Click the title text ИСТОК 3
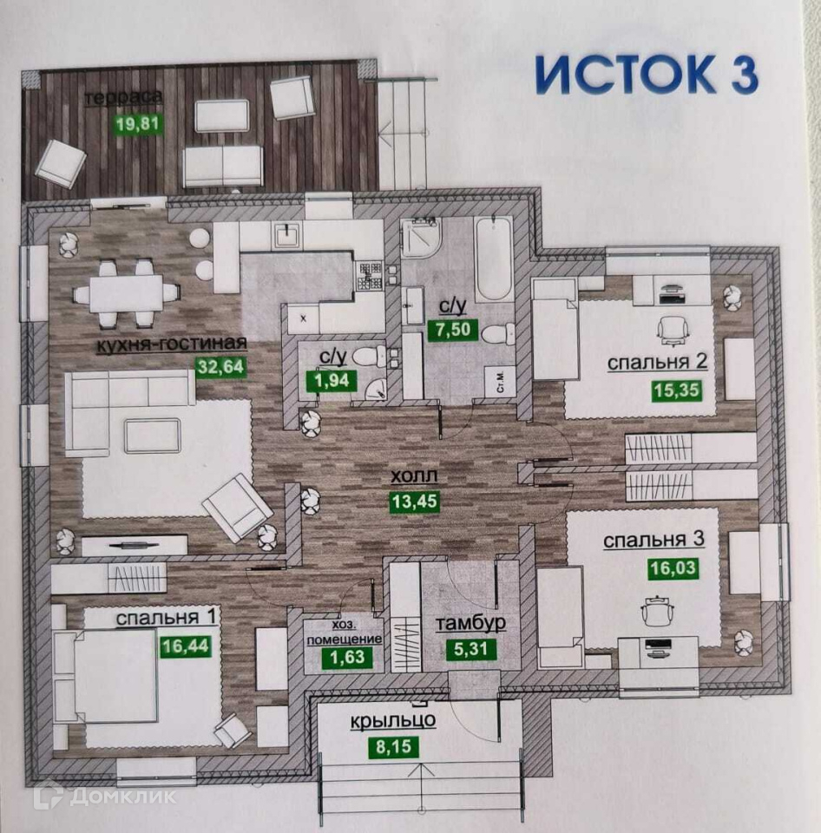(x=646, y=75)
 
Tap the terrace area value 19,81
(x=138, y=123)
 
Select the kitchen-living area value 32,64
(x=221, y=366)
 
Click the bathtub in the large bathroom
(x=493, y=259)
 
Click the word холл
(x=412, y=476)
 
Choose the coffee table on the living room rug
(x=152, y=435)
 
